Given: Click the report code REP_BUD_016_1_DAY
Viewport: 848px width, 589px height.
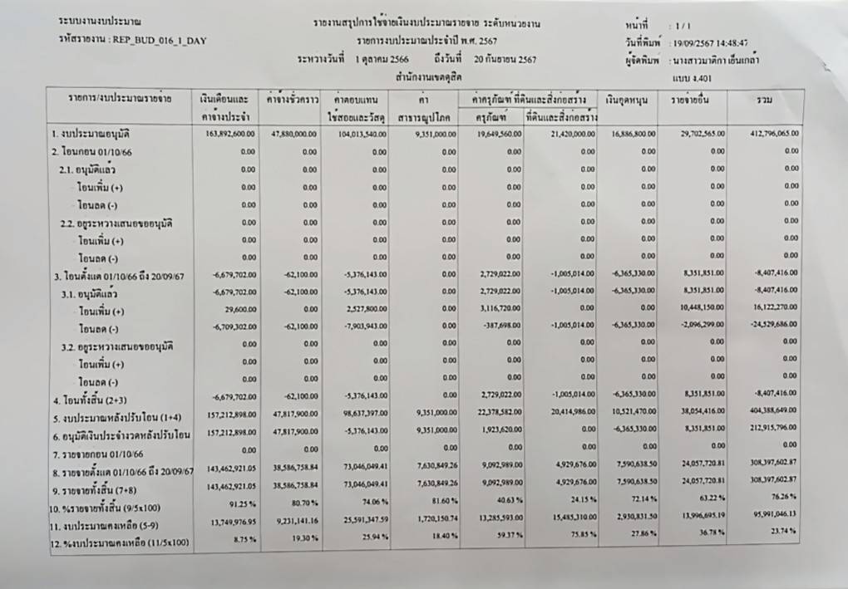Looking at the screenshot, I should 158,40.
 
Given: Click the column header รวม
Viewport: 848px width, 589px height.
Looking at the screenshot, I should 764,101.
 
